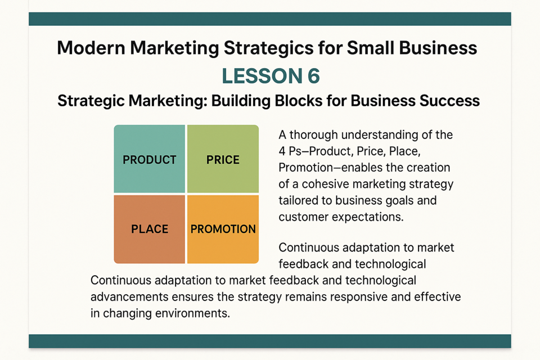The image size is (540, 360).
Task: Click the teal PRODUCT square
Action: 150,159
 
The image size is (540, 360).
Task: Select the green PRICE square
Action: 223,159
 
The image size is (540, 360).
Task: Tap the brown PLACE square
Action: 150,229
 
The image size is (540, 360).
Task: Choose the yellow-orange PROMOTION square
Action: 223,229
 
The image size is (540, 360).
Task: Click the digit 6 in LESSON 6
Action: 313,76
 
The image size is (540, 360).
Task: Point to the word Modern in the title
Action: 91,48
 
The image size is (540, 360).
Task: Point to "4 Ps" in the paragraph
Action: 290,151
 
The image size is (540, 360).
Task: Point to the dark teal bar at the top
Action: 270,19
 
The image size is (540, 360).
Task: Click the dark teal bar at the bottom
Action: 270,341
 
